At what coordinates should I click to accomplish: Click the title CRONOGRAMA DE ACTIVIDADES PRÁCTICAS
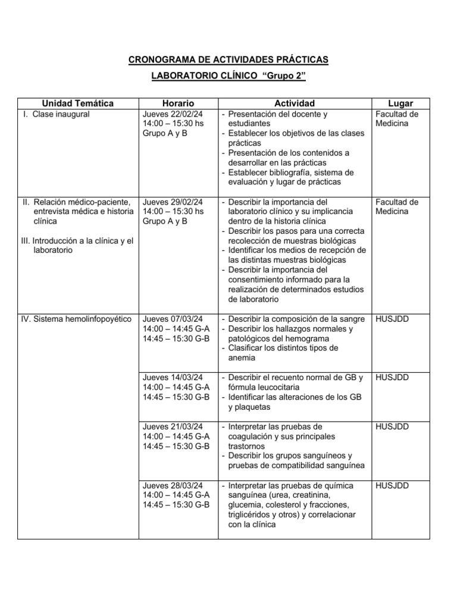point(228,60)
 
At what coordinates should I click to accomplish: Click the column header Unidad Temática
point(78,103)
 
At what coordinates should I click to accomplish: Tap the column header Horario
point(178,103)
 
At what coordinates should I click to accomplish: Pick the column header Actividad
point(295,103)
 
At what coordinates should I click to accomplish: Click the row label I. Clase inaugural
point(55,114)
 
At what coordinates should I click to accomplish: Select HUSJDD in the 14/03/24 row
point(392,378)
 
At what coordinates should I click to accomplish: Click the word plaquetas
point(249,407)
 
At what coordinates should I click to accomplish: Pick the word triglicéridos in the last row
point(254,514)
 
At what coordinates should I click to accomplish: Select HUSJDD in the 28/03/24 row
point(392,485)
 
